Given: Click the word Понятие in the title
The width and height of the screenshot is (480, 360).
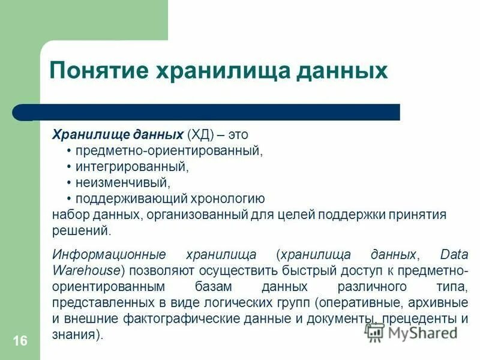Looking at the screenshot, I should (98, 71).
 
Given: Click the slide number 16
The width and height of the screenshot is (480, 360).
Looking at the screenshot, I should (19, 341).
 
